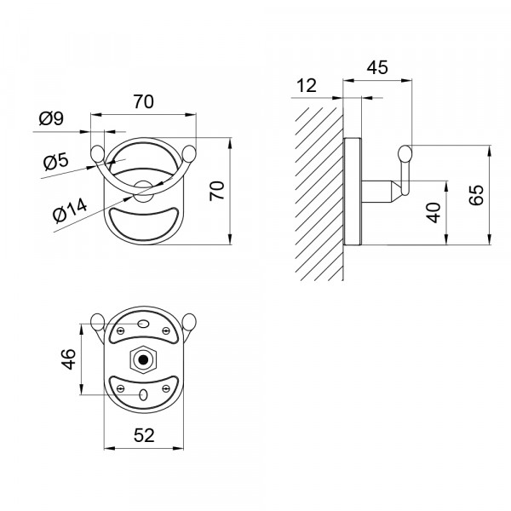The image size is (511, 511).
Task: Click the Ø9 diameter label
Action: tap(51, 118)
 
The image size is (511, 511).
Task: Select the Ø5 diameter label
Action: tap(56, 161)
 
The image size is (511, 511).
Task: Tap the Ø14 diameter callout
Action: tap(70, 210)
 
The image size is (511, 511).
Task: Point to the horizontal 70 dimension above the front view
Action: tap(143, 101)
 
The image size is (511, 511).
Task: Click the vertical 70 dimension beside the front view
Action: tap(217, 191)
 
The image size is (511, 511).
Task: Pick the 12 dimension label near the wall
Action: tap(307, 85)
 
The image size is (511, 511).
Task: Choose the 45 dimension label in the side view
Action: tap(377, 67)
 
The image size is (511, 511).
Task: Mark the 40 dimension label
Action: tap(433, 212)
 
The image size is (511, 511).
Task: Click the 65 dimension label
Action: tap(476, 195)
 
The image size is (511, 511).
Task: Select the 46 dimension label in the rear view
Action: tap(69, 359)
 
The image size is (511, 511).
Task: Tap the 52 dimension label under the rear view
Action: tap(144, 435)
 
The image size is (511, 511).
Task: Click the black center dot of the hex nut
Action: tap(143, 359)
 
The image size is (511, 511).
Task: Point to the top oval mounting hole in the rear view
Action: tap(143, 324)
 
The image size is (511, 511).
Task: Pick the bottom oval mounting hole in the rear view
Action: tap(143, 395)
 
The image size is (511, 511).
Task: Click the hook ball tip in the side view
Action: tap(405, 153)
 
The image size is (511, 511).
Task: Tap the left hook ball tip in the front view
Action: tap(97, 154)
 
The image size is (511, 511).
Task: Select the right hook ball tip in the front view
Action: tap(189, 154)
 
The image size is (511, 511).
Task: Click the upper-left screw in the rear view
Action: tap(121, 331)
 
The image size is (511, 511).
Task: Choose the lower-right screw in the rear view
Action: tap(166, 388)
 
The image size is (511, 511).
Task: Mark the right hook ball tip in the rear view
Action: tap(189, 321)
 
